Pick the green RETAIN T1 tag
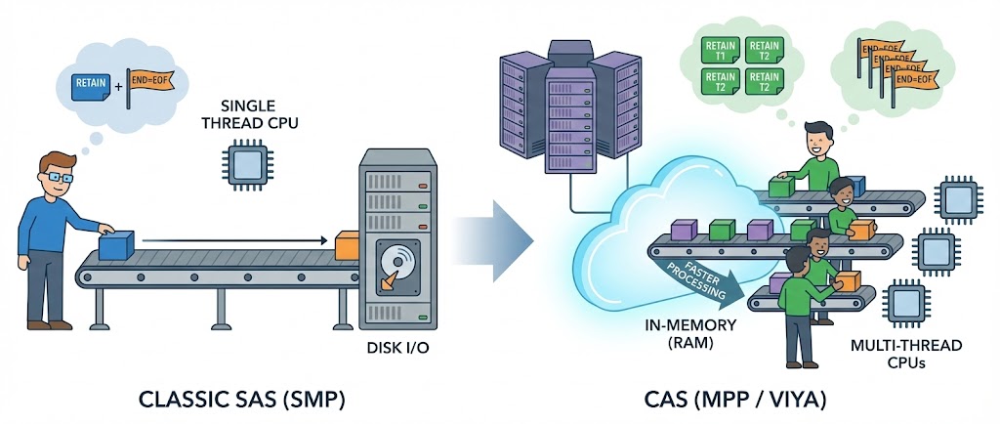pyautogui.click(x=721, y=50)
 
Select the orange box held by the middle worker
pyautogui.click(x=860, y=229)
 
